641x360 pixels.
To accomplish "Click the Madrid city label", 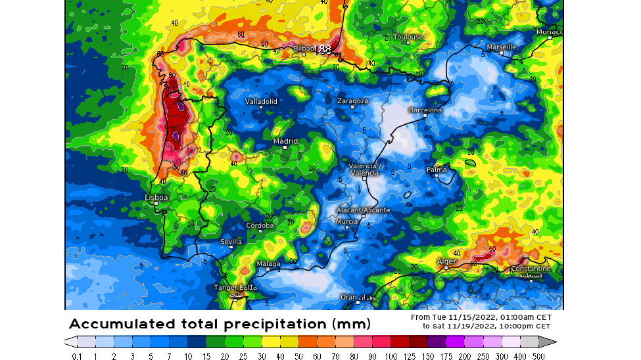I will [285, 141].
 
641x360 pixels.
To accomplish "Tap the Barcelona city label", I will [425, 110].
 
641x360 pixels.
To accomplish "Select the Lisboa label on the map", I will [156, 197].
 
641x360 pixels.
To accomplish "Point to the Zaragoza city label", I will [352, 101].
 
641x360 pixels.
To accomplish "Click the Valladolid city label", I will [261, 102].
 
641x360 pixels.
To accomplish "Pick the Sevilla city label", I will [231, 242].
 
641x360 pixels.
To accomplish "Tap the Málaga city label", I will [268, 264].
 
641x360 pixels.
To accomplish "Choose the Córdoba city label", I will [260, 225].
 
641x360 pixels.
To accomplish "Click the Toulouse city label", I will [408, 37].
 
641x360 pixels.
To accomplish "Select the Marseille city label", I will [501, 47].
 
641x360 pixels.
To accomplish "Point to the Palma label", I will [437, 170].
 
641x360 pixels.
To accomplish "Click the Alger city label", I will [446, 261].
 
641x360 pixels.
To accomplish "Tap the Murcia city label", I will [346, 221].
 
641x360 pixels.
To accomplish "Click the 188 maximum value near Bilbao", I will [323, 49].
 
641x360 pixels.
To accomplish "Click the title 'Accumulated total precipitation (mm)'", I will [220, 324].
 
